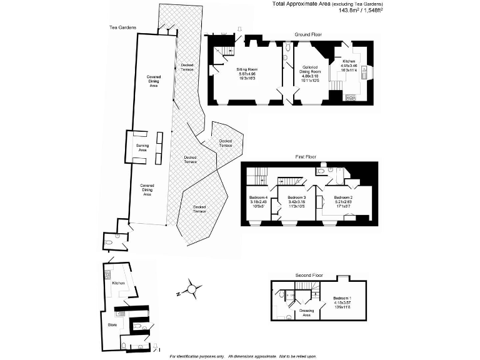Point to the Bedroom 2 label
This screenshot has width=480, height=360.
click(x=344, y=197)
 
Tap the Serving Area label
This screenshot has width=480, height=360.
click(x=142, y=147)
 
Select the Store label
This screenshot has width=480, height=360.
click(x=112, y=324)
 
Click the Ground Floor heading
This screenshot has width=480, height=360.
click(x=307, y=34)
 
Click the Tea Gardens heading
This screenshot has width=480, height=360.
click(x=122, y=27)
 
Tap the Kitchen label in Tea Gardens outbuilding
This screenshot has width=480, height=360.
click(x=119, y=283)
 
